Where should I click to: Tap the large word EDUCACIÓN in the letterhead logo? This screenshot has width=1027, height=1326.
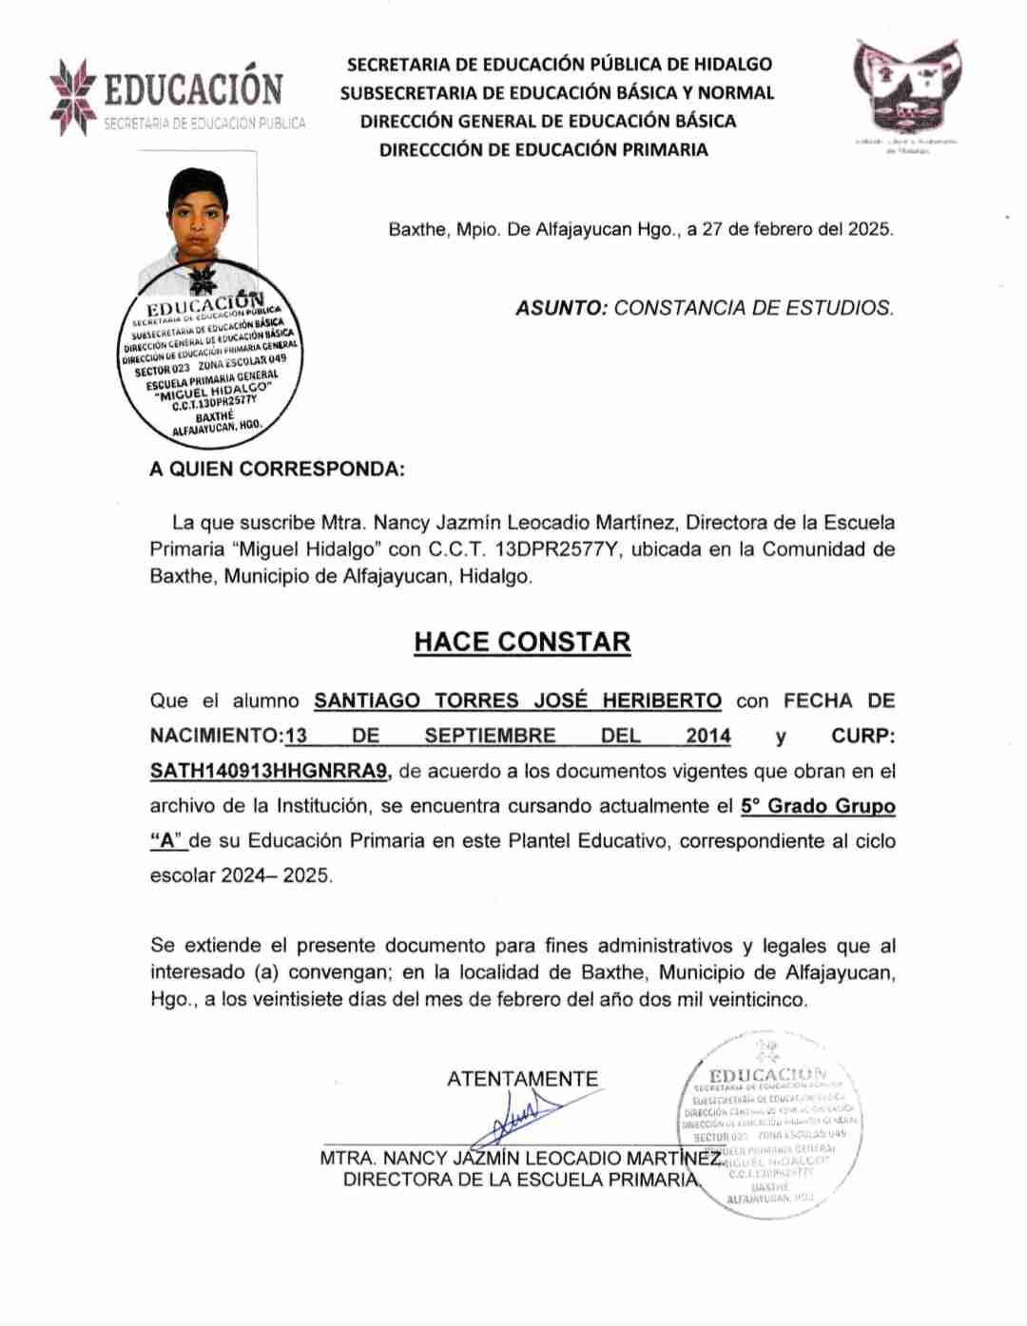(193, 89)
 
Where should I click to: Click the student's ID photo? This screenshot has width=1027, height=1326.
(199, 219)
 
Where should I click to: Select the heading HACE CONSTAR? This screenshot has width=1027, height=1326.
(522, 643)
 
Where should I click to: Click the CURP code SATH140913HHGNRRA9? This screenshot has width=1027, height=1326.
(270, 771)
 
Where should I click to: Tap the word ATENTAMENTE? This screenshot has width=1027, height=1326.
(522, 1079)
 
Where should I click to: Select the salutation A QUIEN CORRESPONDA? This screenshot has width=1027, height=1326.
(277, 469)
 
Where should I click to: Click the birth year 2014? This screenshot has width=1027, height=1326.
(708, 736)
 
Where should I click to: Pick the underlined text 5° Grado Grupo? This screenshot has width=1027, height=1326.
(818, 806)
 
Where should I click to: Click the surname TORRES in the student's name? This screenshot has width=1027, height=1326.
(476, 701)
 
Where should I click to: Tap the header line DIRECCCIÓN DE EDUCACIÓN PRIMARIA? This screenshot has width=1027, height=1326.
(543, 149)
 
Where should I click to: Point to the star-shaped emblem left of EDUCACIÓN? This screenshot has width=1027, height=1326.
(73, 96)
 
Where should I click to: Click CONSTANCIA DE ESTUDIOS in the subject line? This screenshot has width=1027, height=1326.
(753, 308)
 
